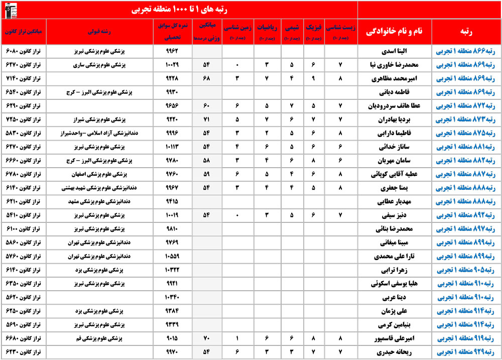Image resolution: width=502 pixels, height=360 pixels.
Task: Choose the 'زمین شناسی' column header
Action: coord(239,32)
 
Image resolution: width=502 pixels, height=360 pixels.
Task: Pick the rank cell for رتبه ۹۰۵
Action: coord(466,270)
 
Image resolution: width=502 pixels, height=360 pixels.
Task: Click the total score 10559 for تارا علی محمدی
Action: coord(172,257)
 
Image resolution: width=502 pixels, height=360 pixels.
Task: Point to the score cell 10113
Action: coord(172,148)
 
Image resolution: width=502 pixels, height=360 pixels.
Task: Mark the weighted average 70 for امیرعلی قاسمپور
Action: coord(206,338)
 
